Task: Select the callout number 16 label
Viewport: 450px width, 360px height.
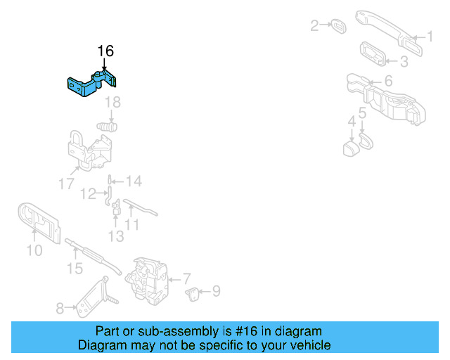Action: [105, 51]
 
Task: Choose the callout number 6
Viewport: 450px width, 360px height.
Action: [388, 82]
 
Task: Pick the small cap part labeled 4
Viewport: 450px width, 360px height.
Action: [351, 148]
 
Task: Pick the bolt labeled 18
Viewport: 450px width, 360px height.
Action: [107, 127]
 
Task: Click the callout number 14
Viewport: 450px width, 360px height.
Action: [133, 181]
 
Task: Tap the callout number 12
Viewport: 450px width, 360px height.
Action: [88, 193]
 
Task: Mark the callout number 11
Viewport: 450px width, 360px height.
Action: [131, 226]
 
